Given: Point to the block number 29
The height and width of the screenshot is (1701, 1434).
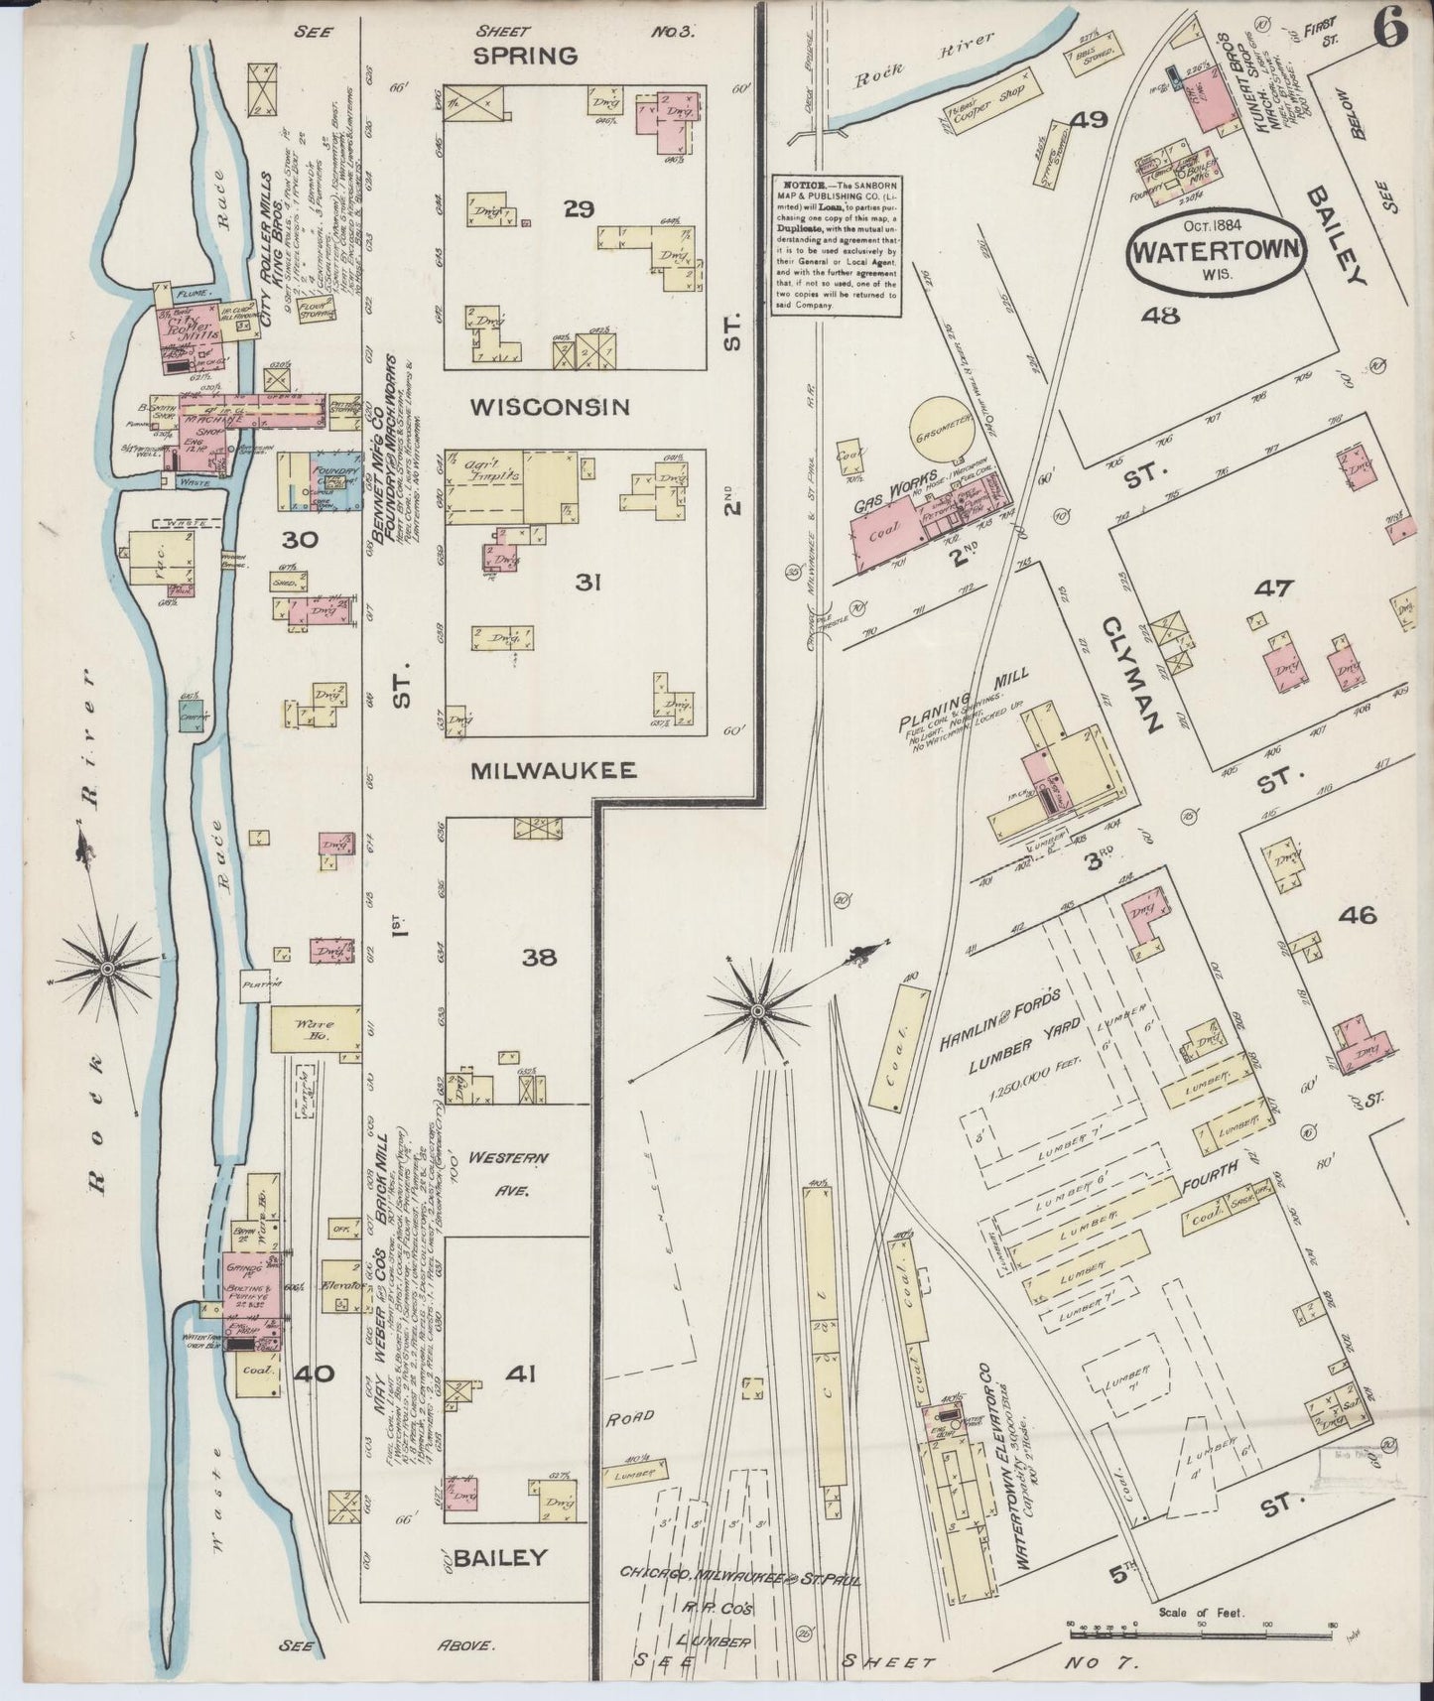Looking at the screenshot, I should (x=578, y=208).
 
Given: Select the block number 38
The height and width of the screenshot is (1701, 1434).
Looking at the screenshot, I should (x=540, y=958).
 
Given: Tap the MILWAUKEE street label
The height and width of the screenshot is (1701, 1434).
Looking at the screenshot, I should (x=554, y=771).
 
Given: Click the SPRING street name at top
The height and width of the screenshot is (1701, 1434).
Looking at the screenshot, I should (x=525, y=56).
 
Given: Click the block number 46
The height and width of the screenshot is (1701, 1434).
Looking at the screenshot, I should (x=1356, y=915).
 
